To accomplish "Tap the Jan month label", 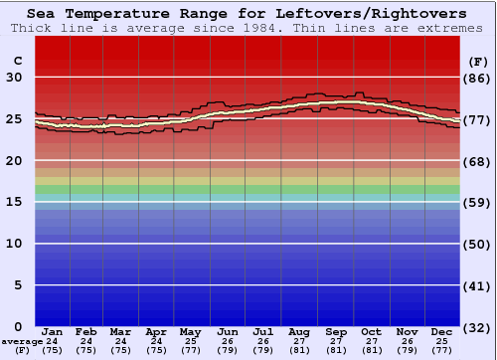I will coord(53,331).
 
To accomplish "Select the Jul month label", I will coord(263,331).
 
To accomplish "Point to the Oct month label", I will coord(371,331).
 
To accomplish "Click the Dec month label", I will coord(442,331).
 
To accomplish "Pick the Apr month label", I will coord(156,331).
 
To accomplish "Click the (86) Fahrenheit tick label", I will coord(478,78).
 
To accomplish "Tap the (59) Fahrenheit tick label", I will coord(478,202).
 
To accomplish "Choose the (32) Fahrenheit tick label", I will coord(478,326).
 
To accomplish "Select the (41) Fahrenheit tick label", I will coord(478,285).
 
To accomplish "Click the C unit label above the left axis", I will coord(17,61).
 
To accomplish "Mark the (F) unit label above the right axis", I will coord(478,61).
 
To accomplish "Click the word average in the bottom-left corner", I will coord(22,341).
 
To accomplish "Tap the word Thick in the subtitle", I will coord(28,28).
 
